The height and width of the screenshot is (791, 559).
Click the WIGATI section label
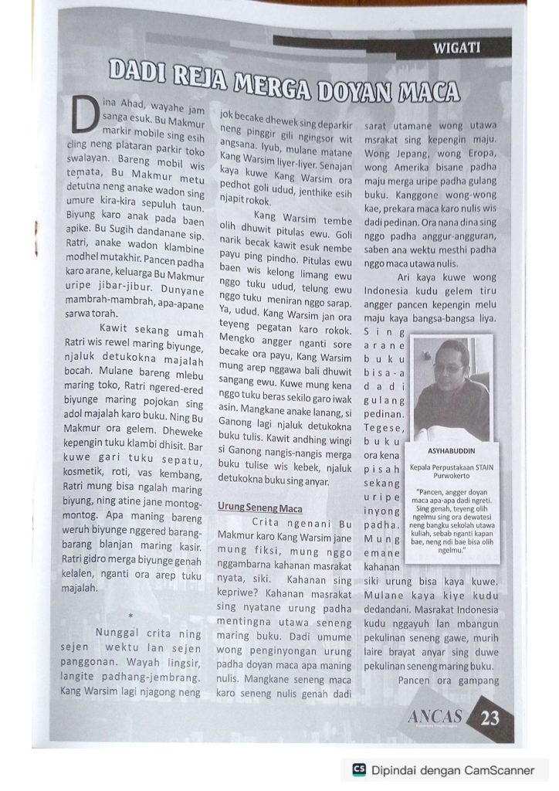point(456,48)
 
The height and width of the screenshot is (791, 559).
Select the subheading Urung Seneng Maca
point(259,508)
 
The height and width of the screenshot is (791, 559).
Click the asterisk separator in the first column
point(132,615)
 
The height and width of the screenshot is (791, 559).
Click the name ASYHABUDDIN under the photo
point(452,452)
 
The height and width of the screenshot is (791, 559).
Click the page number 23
point(490,718)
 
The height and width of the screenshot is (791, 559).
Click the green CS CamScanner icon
point(358,769)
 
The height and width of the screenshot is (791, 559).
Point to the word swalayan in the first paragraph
point(86,158)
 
